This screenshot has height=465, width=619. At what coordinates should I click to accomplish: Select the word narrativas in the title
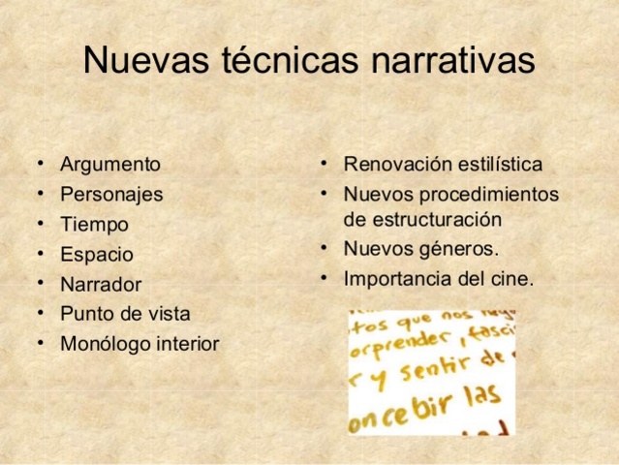coord(449,60)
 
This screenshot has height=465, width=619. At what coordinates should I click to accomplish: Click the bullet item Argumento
coord(109,165)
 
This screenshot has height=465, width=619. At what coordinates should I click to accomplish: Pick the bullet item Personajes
coord(111,194)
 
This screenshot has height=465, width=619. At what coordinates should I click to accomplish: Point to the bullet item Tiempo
coord(94,224)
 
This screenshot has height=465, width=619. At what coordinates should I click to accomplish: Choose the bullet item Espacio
coord(97,255)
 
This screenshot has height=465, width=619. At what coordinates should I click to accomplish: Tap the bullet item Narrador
coord(101,285)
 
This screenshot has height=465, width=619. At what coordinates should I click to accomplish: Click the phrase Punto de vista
coord(125,314)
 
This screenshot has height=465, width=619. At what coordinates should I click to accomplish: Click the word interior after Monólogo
coord(184,344)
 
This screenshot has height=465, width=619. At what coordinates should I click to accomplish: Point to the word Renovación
coord(399,165)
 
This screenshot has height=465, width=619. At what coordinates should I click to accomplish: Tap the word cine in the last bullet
coord(513,279)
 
